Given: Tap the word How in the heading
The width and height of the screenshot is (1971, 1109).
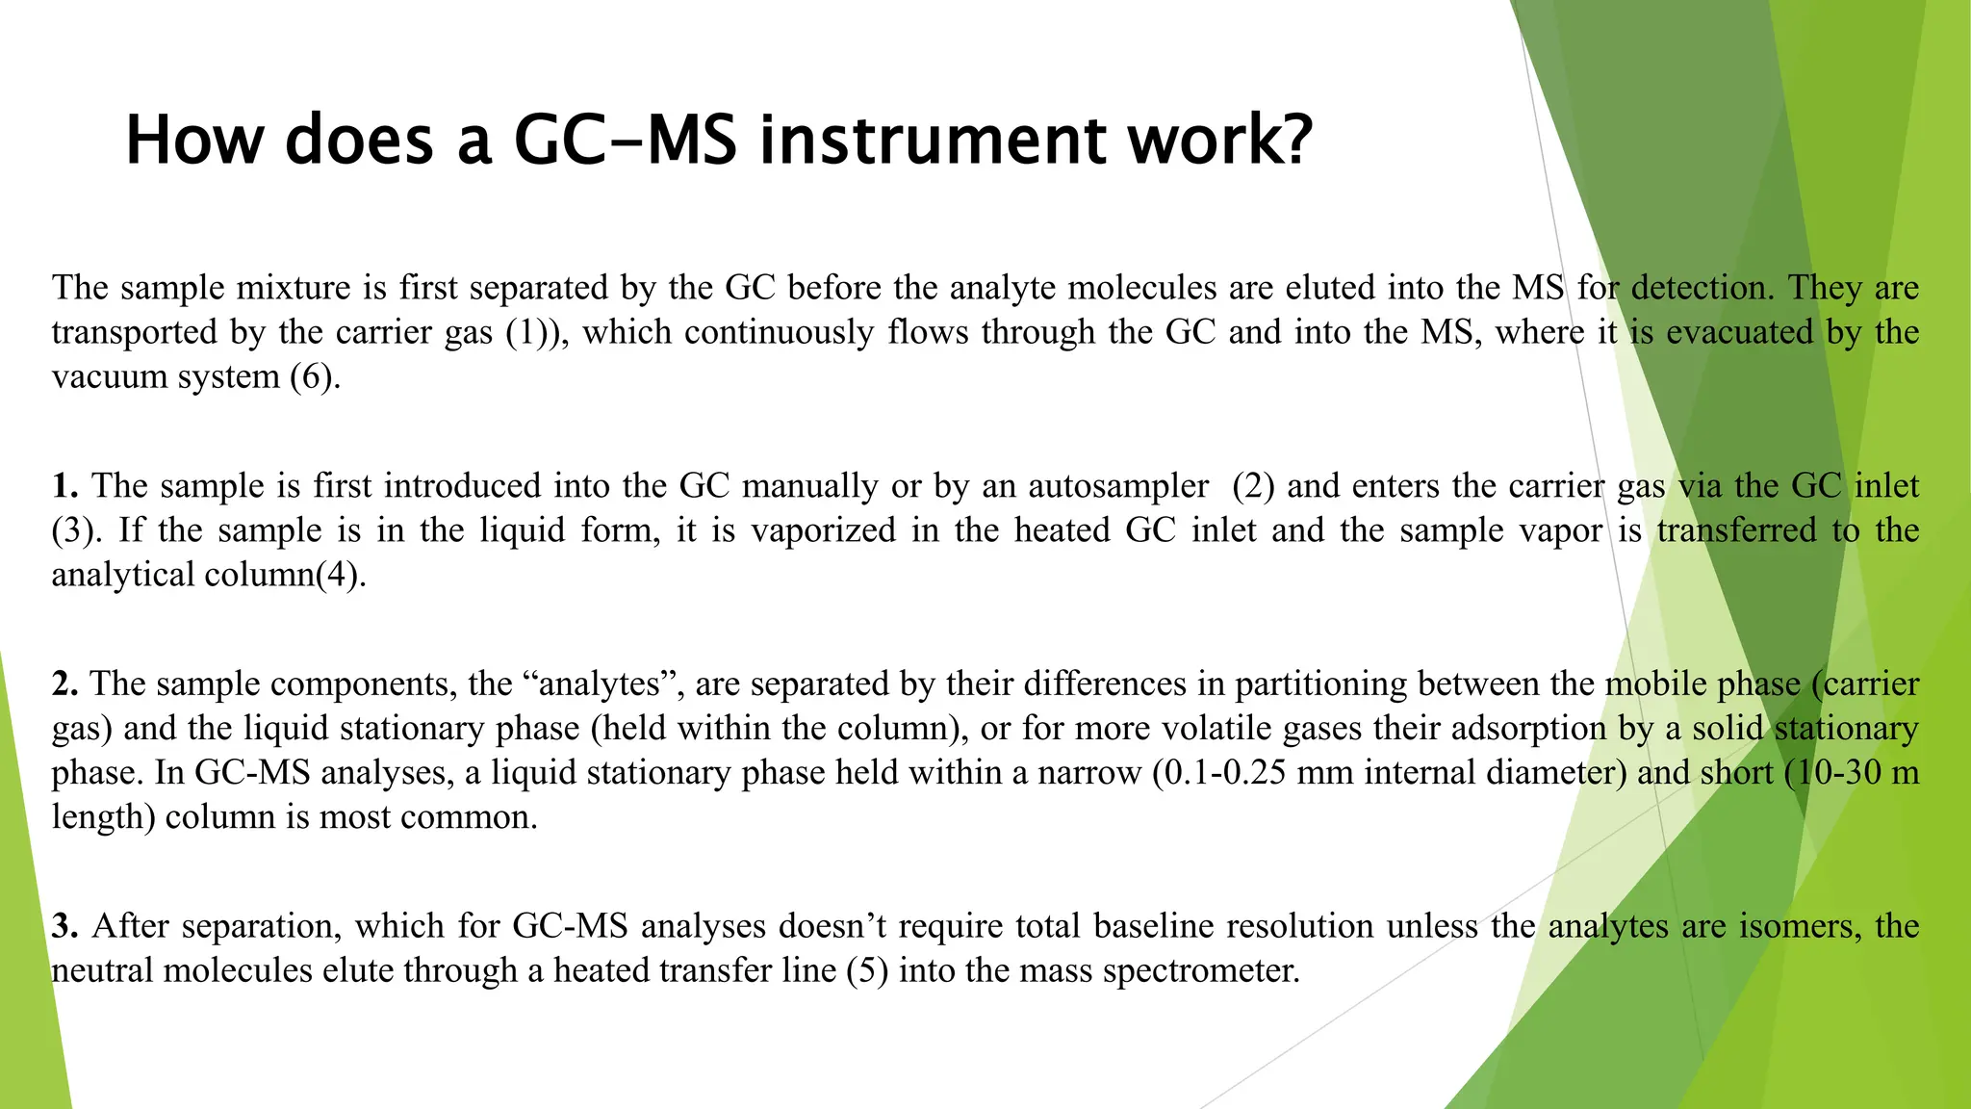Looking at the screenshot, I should tap(193, 141).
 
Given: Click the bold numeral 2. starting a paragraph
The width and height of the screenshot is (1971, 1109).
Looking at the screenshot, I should tap(65, 684).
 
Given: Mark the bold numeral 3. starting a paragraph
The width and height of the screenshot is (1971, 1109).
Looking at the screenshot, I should tap(65, 927).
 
